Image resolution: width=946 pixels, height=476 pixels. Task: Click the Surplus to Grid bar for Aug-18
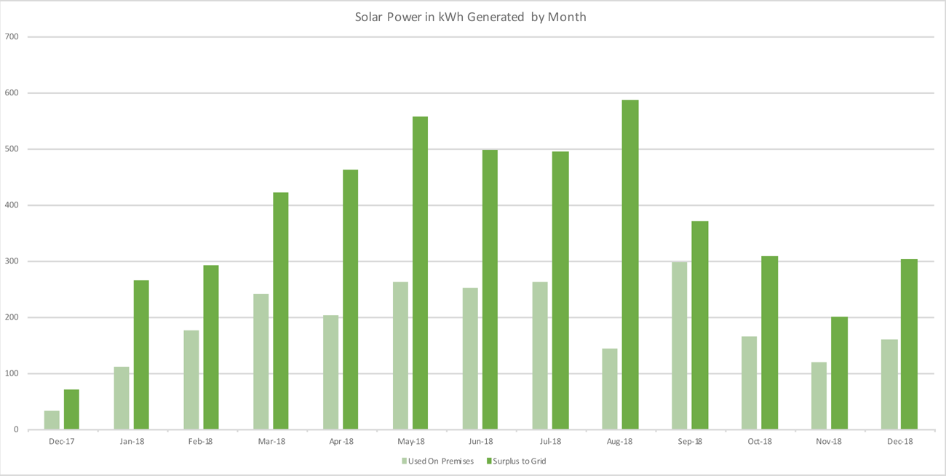click(630, 265)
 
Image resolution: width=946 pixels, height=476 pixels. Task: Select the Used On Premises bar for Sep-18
click(679, 346)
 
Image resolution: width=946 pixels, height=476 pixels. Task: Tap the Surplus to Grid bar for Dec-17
click(71, 410)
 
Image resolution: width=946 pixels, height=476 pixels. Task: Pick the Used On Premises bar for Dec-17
click(52, 420)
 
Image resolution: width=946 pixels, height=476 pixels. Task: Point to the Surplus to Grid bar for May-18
click(420, 273)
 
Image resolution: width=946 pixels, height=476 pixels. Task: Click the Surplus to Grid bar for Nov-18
click(840, 373)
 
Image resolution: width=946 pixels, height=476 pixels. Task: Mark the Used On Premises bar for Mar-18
click(261, 362)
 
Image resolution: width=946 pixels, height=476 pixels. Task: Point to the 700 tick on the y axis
click(12, 37)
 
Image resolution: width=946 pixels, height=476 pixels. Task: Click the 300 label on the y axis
click(12, 261)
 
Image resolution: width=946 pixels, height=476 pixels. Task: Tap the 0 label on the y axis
click(15, 430)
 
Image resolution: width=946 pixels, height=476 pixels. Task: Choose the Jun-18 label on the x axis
click(480, 442)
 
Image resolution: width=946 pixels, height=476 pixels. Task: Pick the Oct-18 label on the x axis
click(760, 442)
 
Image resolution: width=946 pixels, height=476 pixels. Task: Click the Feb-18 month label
click(201, 442)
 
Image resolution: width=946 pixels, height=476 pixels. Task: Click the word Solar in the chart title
click(369, 17)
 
